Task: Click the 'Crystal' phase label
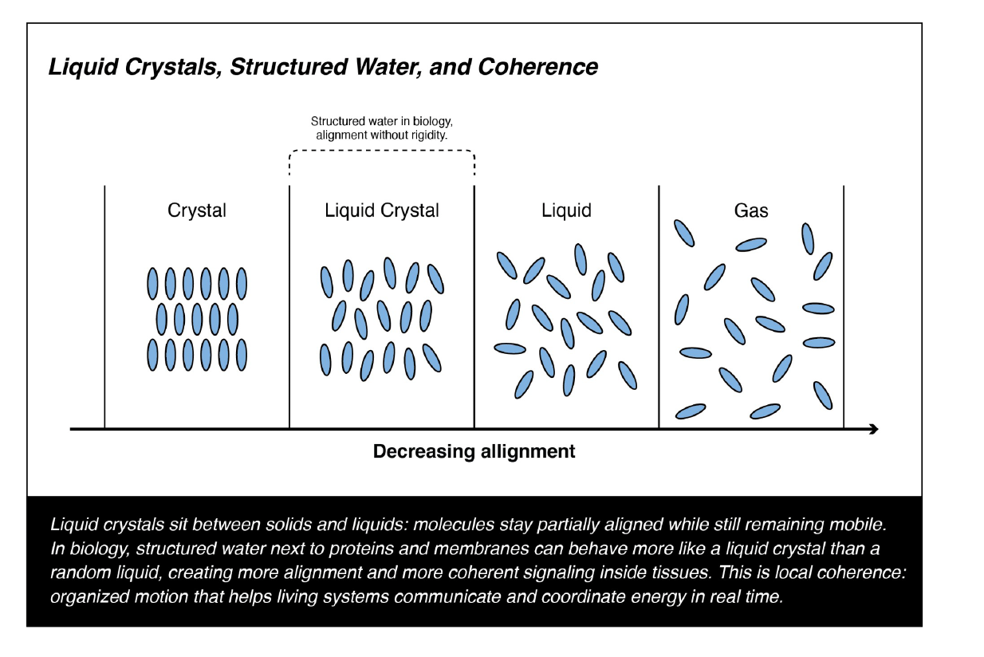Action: [x=196, y=210]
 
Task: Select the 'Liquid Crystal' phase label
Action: [x=382, y=210]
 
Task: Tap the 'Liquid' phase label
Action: [x=566, y=210]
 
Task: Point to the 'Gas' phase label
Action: [x=751, y=210]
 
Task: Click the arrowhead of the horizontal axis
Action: [x=874, y=429]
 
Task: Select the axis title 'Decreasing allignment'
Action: [x=474, y=451]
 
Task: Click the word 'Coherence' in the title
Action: [x=537, y=67]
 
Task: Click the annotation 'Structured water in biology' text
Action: [x=381, y=121]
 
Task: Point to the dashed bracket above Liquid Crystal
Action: [x=381, y=151]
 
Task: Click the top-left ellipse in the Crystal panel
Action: [x=152, y=283]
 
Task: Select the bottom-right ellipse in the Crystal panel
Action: [x=242, y=354]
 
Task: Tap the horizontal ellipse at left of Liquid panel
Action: [x=510, y=348]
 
